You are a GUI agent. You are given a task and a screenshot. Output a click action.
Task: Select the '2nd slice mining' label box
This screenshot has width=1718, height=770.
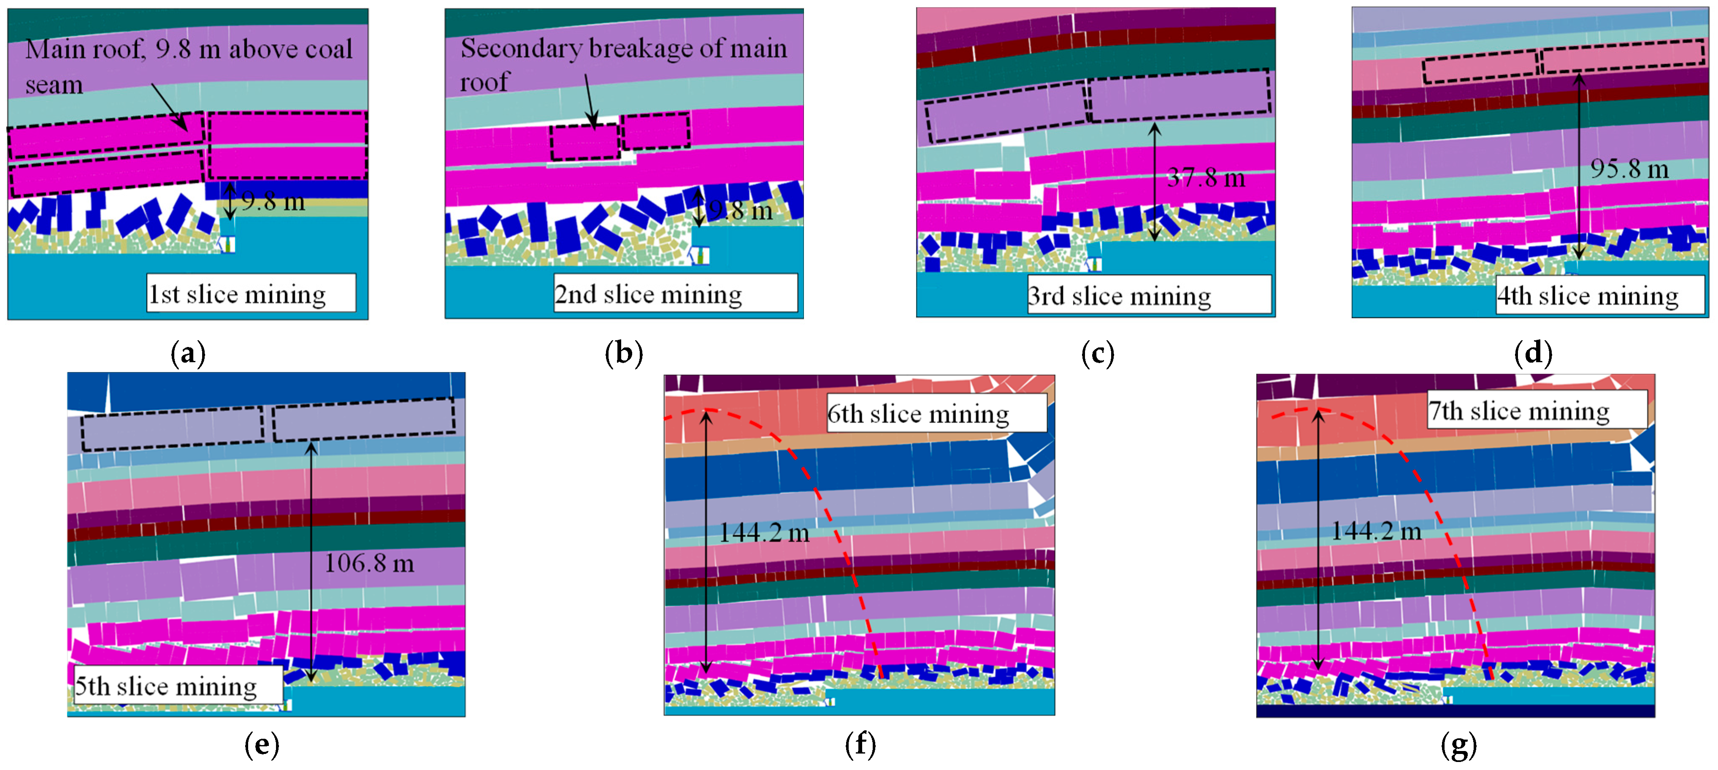point(675,293)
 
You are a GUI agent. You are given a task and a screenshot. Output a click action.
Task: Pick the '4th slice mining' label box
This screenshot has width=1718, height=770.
point(1599,294)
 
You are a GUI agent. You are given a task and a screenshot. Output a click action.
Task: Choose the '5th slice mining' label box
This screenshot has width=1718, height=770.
point(177,685)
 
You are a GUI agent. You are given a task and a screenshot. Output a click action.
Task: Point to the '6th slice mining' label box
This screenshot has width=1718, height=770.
point(936,413)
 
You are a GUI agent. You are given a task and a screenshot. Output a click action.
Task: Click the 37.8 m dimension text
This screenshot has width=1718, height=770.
point(1206,177)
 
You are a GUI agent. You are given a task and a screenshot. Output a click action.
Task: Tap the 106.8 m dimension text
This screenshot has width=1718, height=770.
point(369,563)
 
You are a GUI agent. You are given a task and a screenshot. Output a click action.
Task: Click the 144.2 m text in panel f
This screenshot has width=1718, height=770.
point(764,532)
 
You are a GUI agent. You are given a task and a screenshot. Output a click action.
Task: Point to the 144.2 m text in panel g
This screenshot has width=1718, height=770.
point(1376,531)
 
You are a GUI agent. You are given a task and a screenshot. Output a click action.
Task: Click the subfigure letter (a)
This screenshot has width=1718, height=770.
point(188,353)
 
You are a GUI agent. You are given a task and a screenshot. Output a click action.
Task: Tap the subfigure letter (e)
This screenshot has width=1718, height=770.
point(262,744)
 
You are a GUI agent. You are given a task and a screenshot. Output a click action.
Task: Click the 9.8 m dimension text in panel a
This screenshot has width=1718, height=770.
point(273,201)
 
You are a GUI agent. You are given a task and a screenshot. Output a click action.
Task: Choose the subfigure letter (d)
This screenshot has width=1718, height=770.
point(1533,353)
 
